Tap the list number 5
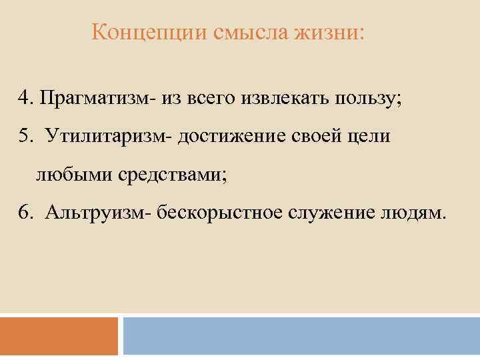pyautogui.click(x=25, y=137)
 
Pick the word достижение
pyautogui.click(x=231, y=137)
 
